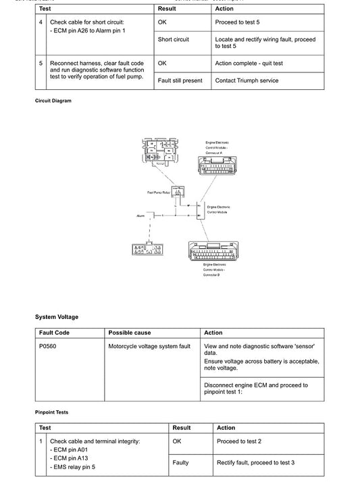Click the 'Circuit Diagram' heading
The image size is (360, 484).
click(x=53, y=101)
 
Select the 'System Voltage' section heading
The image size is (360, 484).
click(x=57, y=316)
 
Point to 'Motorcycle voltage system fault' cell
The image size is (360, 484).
click(x=149, y=346)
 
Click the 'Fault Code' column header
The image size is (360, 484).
click(x=55, y=333)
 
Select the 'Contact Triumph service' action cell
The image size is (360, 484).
click(x=247, y=80)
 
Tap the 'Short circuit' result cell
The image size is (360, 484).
click(x=174, y=39)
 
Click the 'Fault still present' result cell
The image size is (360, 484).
click(x=180, y=80)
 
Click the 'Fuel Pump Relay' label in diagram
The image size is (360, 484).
click(x=158, y=193)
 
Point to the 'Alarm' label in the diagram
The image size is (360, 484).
click(x=140, y=215)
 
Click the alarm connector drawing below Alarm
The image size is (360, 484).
click(x=147, y=249)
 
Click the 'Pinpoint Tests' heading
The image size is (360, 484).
click(x=52, y=412)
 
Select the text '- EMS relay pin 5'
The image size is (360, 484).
click(x=73, y=466)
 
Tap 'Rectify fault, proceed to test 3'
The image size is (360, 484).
click(x=255, y=462)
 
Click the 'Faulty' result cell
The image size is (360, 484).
click(x=180, y=462)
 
